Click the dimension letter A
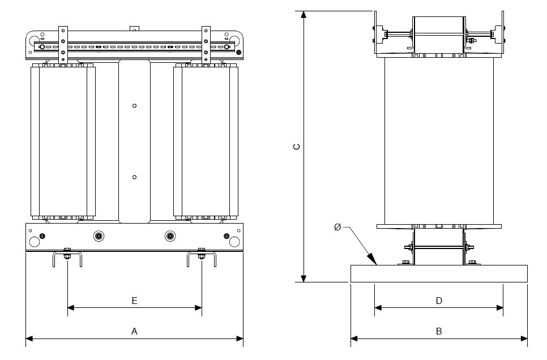point(134,331)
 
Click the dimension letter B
point(439,331)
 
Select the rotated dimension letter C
point(297,147)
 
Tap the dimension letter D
point(439,301)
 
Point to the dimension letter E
point(134,301)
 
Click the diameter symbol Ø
point(337,227)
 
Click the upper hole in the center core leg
point(134,106)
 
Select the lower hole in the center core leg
point(134,177)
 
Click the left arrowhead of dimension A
point(29,338)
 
